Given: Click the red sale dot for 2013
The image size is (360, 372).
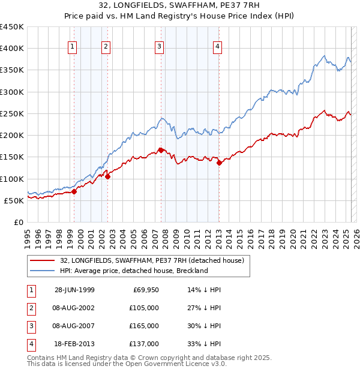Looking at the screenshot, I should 219,163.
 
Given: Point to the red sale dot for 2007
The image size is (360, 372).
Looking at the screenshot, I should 161,150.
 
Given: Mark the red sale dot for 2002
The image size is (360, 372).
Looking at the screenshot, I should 108,176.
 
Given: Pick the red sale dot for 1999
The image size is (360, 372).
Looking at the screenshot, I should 74,192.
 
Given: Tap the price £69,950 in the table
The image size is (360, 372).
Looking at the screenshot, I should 145,290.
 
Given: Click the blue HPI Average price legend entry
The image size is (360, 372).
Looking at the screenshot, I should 133,271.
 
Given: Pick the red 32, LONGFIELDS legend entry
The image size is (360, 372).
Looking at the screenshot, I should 151,261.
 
